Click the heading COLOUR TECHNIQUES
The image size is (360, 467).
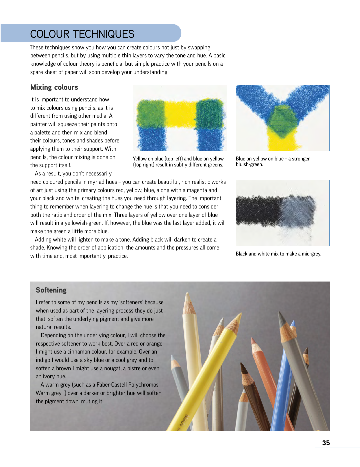[x=82, y=34]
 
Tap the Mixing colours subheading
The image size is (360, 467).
[x=54, y=87]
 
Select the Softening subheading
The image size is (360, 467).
[x=51, y=290]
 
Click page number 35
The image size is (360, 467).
[x=326, y=443]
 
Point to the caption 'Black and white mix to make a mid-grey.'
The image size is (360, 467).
[x=278, y=254]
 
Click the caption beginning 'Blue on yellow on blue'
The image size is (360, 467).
[x=272, y=161]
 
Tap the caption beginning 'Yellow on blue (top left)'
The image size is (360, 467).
[x=178, y=161]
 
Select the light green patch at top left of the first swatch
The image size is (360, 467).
[x=150, y=113]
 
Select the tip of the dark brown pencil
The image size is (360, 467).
[x=243, y=367]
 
